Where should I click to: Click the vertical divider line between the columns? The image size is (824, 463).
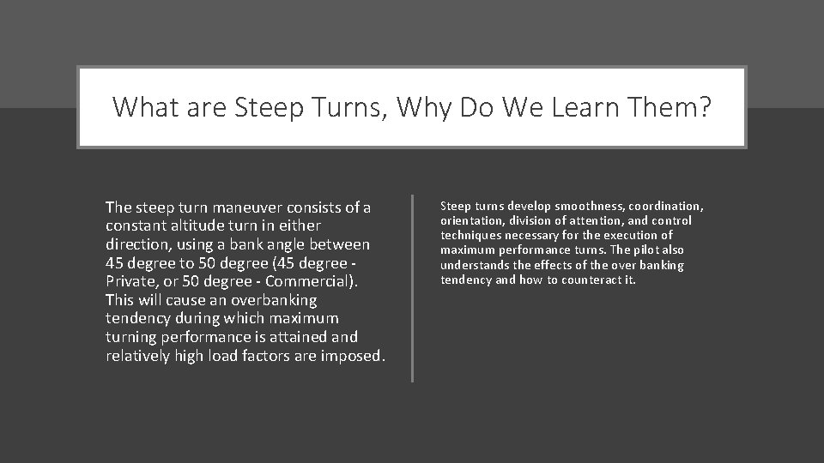(x=413, y=288)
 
